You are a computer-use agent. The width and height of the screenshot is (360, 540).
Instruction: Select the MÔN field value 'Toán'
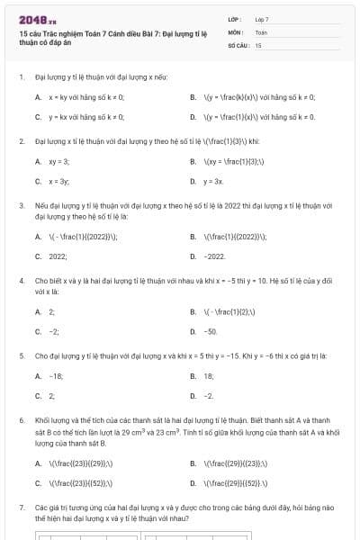tap(261, 31)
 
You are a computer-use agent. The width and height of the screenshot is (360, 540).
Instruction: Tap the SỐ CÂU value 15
tap(258, 44)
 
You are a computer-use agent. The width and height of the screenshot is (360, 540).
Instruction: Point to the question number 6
tap(21, 420)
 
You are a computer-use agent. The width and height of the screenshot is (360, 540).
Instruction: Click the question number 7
tap(21, 508)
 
